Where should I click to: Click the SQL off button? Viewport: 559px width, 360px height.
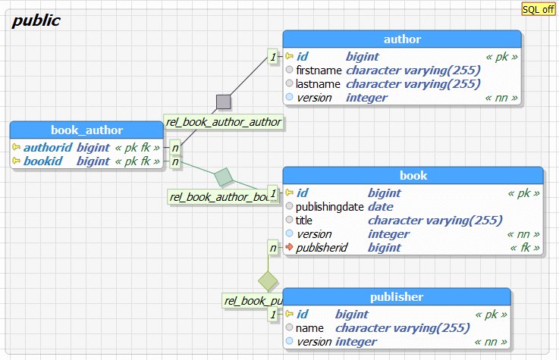point(538,9)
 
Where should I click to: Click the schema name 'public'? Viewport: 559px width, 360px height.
point(36,20)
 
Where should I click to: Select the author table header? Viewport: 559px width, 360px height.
point(402,39)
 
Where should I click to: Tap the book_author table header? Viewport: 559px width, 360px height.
point(86,130)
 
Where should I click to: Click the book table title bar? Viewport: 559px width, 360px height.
point(413,176)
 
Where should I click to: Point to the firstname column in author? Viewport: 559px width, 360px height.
point(319,70)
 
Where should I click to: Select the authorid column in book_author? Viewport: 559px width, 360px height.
point(47,147)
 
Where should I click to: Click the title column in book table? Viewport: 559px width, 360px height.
point(304,220)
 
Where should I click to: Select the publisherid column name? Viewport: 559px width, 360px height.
point(322,247)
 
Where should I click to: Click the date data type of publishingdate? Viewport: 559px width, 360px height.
point(381,206)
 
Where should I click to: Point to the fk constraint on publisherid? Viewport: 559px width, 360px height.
point(526,247)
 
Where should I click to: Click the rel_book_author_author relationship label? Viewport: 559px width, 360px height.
point(224,121)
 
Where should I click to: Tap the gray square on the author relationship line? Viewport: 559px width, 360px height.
point(223,102)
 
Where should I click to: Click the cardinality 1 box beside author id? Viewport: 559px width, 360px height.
point(273,56)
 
